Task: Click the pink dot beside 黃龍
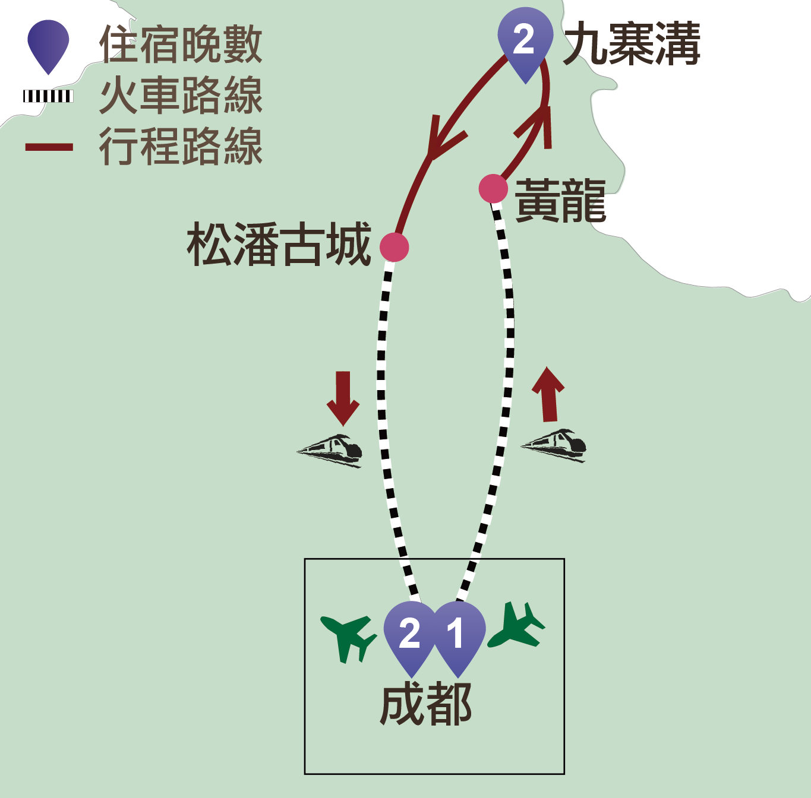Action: (493, 189)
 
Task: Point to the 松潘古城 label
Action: (279, 244)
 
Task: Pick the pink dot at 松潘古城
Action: (394, 247)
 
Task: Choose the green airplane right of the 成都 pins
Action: (517, 627)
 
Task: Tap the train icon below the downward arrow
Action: (331, 451)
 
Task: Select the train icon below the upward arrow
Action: (555, 445)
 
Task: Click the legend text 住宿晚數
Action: (181, 45)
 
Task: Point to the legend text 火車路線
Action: (181, 96)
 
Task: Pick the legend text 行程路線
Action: (181, 147)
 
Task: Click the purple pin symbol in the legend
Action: (48, 45)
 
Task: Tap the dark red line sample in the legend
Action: (49, 147)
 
